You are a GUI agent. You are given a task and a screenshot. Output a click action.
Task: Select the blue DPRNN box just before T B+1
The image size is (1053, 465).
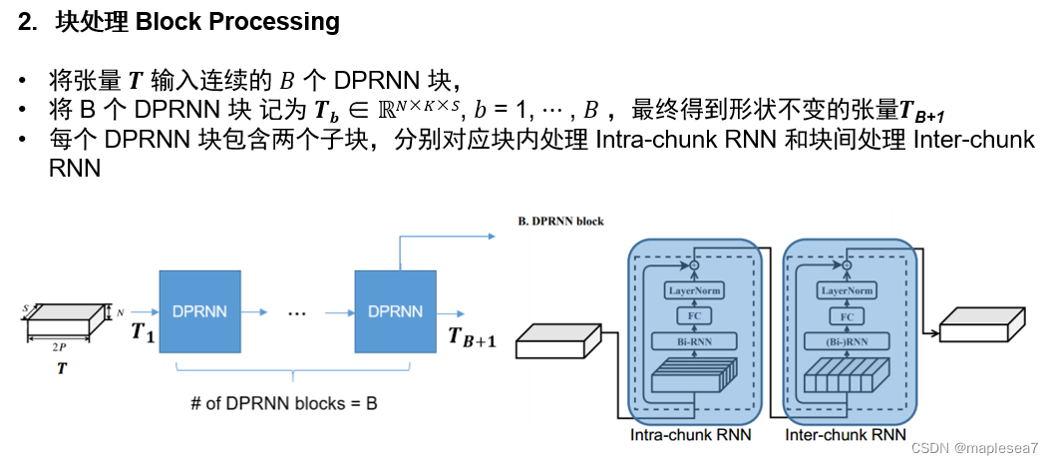pyautogui.click(x=396, y=311)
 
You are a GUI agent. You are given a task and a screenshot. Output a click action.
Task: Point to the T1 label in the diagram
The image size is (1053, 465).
pyautogui.click(x=144, y=332)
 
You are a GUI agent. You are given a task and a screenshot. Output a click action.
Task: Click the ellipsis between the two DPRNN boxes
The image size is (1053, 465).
pyautogui.click(x=296, y=312)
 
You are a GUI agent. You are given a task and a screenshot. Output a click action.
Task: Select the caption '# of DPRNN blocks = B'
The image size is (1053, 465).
pyautogui.click(x=283, y=404)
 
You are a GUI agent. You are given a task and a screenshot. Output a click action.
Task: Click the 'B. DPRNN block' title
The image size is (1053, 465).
pyautogui.click(x=560, y=221)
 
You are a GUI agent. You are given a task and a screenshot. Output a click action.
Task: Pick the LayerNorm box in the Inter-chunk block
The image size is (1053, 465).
pyautogui.click(x=847, y=290)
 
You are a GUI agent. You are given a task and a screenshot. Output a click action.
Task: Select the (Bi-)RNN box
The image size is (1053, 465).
pyautogui.click(x=847, y=341)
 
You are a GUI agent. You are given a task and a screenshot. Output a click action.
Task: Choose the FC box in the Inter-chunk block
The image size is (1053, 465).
pyautogui.click(x=847, y=316)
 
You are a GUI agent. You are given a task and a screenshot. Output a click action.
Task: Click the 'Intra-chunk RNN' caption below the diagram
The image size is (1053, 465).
pyautogui.click(x=690, y=435)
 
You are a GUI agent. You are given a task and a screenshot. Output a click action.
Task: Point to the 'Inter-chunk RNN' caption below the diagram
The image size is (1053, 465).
pyautogui.click(x=845, y=435)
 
